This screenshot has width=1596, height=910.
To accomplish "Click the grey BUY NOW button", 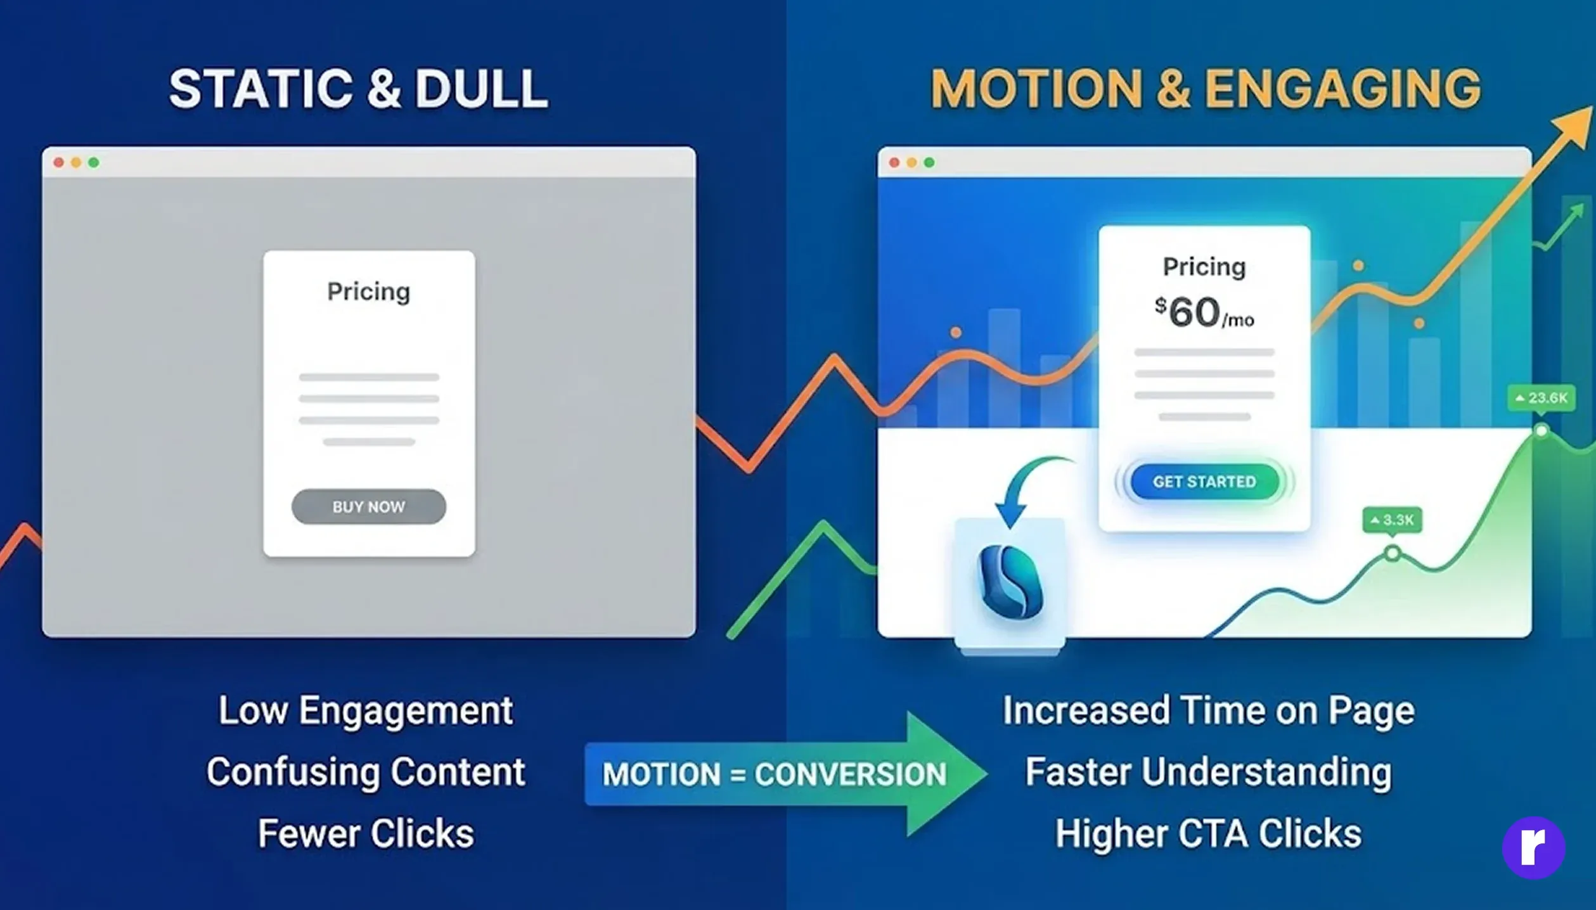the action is coord(368,506).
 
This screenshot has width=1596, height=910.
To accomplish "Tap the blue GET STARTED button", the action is coord(1204,482).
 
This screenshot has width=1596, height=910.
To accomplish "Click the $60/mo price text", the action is coord(1204,312).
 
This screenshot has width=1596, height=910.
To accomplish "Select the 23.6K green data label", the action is coord(1541,398).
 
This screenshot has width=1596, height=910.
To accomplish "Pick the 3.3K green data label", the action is coord(1392,520).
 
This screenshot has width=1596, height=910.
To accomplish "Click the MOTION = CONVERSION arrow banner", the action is coord(786,774).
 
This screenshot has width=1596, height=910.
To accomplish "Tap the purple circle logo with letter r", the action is coord(1533,847).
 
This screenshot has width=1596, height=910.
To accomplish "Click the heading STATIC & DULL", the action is coord(358,89).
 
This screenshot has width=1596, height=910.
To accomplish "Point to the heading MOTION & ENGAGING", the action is coord(1205,89).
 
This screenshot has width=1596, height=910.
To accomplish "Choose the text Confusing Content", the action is coord(366,772).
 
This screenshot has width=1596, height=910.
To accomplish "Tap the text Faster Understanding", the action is coord(1208,772).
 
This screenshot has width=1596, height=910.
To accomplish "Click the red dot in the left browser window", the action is coord(58,163).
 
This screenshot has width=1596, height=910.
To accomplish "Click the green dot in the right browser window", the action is coord(929,163).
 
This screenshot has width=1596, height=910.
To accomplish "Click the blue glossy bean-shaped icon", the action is coord(1010,581).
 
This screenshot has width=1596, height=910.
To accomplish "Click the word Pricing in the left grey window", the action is coord(368,292).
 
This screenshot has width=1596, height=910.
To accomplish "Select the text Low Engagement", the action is coord(366,710).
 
